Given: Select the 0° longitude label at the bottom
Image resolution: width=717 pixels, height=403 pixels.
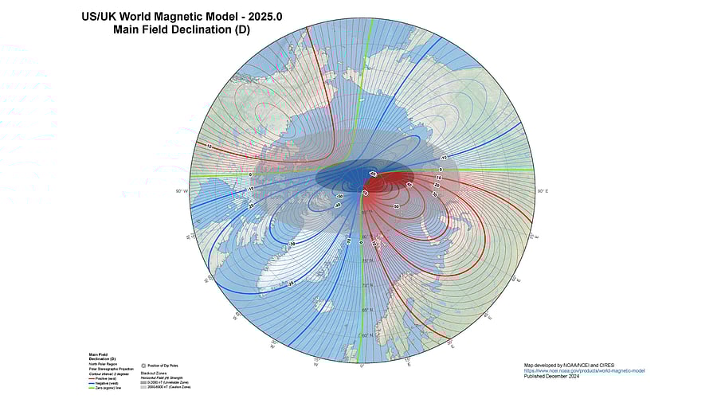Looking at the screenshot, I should point(362,365).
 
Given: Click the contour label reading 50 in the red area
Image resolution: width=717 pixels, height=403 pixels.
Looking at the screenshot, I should point(397,206).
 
